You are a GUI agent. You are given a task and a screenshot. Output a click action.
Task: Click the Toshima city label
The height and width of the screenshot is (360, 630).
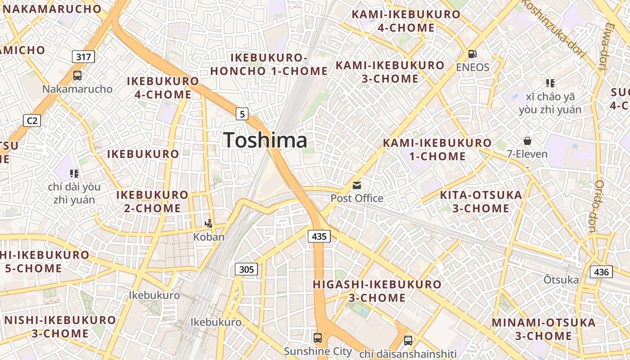point(265,140)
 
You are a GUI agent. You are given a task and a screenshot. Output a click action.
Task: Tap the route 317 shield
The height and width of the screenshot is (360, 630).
point(84,57)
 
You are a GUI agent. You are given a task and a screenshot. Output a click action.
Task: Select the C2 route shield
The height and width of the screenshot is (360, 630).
point(32,121)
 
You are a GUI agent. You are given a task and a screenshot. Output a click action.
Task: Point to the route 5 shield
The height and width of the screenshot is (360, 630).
point(242,114)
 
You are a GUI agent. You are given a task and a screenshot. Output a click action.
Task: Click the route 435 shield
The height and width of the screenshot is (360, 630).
point(319,236)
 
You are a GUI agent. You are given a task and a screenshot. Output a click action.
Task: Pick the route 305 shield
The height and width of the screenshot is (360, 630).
point(246,270)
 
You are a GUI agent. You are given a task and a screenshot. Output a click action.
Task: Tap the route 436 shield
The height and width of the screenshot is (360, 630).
point(601,272)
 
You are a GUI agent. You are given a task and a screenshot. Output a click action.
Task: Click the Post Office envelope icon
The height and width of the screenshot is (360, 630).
point(357,185)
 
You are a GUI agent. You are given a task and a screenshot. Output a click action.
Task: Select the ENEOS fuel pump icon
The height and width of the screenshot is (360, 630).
point(472,54)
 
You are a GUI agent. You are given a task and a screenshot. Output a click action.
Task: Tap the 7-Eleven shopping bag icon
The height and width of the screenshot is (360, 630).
point(527,141)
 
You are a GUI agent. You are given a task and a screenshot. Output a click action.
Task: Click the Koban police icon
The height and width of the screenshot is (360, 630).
point(208,223)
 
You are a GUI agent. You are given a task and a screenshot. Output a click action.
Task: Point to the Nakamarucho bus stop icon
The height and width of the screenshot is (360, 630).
point(77,76)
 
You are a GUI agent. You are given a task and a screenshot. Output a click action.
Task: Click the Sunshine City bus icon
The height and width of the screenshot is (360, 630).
point(318,337)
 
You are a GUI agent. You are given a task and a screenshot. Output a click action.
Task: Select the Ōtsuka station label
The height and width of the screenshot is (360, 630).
point(561,280)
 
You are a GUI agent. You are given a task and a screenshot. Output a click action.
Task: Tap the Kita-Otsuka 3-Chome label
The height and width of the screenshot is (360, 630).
point(481,202)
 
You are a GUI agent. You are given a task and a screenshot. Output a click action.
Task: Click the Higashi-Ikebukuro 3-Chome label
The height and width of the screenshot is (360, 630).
point(377,291)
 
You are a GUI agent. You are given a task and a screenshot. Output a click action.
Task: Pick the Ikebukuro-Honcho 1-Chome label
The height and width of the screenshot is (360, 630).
point(269,64)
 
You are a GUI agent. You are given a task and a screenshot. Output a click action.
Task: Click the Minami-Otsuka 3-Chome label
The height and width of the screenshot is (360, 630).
point(544,329)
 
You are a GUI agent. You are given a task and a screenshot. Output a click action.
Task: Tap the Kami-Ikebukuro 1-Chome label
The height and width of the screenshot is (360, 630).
point(437,150)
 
